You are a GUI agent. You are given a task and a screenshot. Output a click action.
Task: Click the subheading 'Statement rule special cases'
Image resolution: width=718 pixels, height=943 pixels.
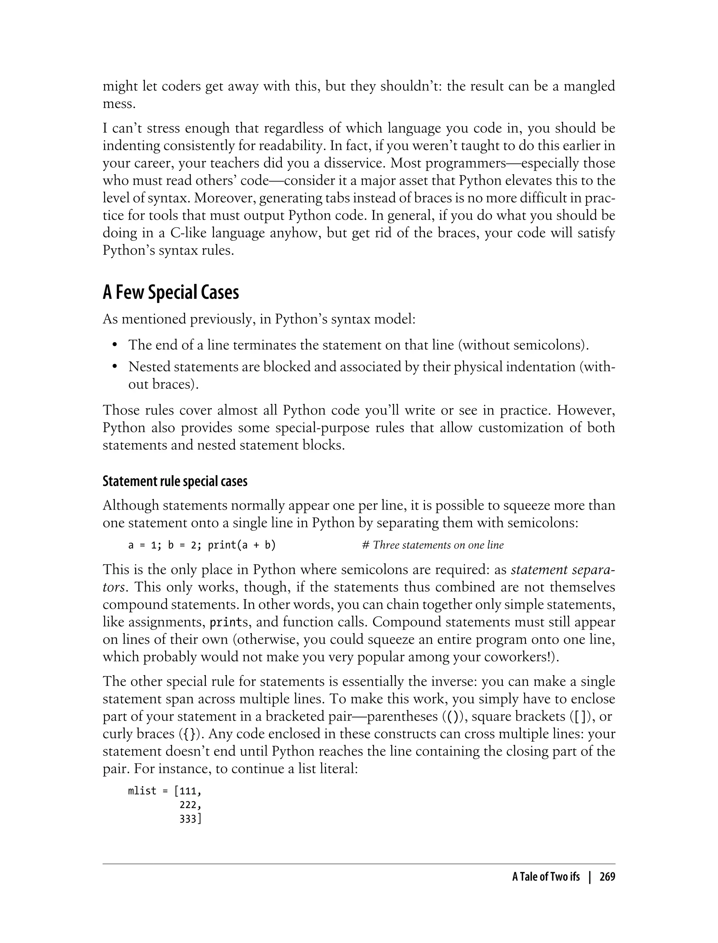[175, 482]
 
